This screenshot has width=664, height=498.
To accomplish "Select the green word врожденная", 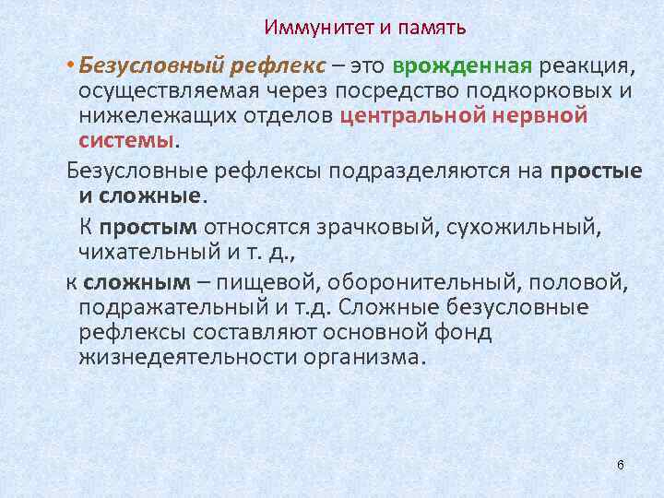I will (x=462, y=66).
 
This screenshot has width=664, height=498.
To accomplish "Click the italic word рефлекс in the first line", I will (x=285, y=66).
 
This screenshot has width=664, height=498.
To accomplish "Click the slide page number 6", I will (x=621, y=464).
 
